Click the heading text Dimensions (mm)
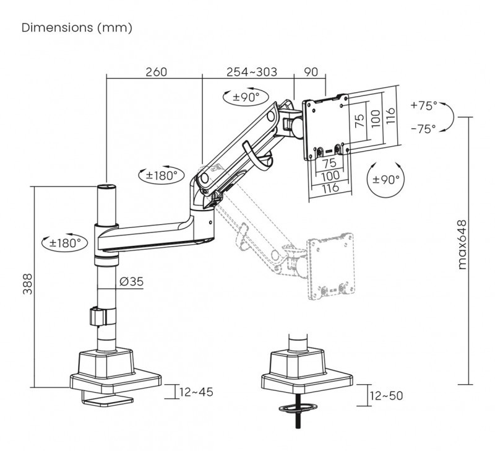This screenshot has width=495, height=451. coord(77,28)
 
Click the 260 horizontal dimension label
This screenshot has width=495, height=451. coord(156,72)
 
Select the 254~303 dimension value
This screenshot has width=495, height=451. coord(251,72)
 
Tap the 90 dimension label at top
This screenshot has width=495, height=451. coord(311,72)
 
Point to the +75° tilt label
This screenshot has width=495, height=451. coord(424,105)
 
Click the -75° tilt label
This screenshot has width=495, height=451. coord(424,128)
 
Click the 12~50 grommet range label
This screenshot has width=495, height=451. coord(386,395)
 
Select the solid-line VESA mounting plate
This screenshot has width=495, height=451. coord(325,127)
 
